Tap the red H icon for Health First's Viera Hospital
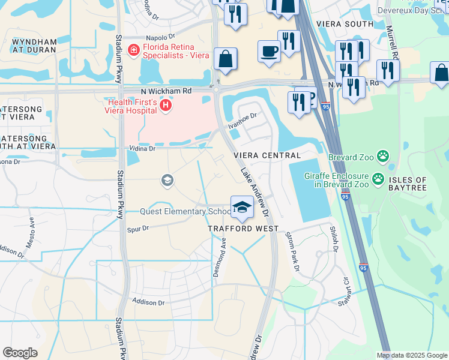pyautogui.click(x=166, y=106)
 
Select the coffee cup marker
pyautogui.click(x=269, y=51)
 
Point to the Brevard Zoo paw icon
pyautogui.click(x=382, y=157)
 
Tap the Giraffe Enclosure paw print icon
pyautogui.click(x=378, y=178)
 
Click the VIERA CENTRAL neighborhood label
pyautogui.click(x=267, y=155)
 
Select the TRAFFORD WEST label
pyautogui.click(x=243, y=229)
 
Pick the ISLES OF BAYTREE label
pyautogui.click(x=415, y=184)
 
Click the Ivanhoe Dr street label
pyautogui.click(x=243, y=121)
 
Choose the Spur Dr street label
pyautogui.click(x=137, y=229)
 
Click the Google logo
pyautogui.click(x=20, y=353)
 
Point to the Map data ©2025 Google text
pyautogui.click(x=411, y=355)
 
